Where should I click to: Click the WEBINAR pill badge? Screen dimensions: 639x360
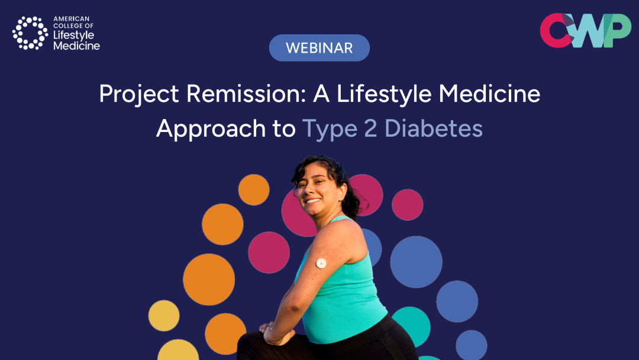click(x=319, y=48)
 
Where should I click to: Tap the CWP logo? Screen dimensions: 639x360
click(x=585, y=31)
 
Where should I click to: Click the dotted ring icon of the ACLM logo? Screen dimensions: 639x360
click(x=30, y=33)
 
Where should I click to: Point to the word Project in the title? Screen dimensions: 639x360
click(x=139, y=95)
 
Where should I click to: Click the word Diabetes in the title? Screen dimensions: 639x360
click(x=434, y=128)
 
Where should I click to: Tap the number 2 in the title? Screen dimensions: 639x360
click(x=370, y=129)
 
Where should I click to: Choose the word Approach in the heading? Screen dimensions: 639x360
click(x=211, y=129)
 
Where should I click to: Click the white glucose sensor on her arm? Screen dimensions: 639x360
click(x=321, y=263)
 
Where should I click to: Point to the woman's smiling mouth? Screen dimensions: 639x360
click(x=312, y=201)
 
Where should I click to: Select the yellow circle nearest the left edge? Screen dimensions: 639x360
click(x=164, y=316)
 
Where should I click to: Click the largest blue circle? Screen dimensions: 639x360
click(x=416, y=262)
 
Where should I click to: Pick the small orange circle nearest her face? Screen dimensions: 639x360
click(x=254, y=190)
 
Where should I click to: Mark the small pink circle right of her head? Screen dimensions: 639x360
click(x=408, y=205)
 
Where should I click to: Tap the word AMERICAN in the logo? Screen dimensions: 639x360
click(x=72, y=19)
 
